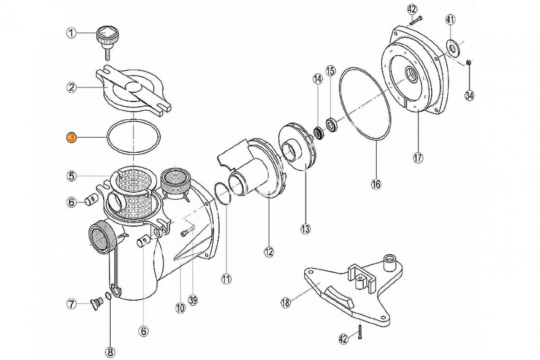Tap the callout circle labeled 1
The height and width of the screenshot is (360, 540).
(72, 32)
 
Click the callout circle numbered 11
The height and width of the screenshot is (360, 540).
(226, 279)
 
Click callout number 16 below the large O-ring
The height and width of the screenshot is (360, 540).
(376, 184)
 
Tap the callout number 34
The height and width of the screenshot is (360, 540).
(470, 95)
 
